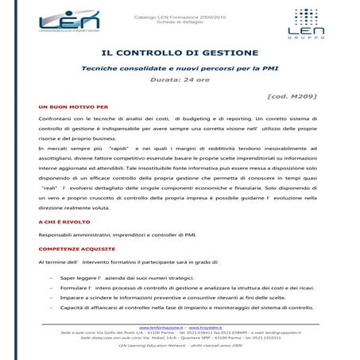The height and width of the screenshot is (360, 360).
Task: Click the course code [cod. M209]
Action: click(x=292, y=95)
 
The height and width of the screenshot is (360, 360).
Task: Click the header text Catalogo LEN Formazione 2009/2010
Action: click(x=180, y=9)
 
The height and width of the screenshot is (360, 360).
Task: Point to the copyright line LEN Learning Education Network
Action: click(x=180, y=346)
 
